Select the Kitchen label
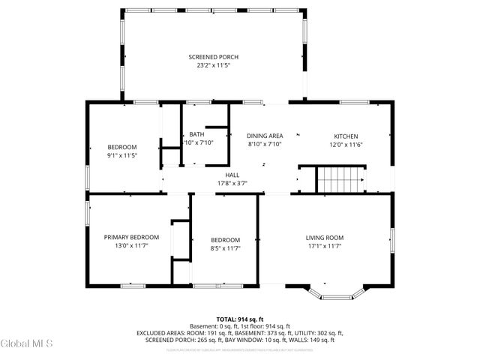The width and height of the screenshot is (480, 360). coord(346,136)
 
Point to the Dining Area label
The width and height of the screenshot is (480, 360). coord(265,136)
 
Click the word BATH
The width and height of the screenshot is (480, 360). coord(196,134)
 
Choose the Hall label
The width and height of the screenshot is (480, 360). coord(232,175)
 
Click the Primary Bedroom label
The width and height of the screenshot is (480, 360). coord(131,238)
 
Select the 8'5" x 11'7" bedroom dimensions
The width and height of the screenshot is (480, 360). coord(225,247)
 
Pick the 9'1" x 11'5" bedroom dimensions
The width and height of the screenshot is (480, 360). coord(121,155)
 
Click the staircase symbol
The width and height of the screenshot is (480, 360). coord(338,180)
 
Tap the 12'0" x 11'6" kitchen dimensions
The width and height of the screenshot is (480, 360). coord(346,145)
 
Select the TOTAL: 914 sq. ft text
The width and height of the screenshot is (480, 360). coord(239,319)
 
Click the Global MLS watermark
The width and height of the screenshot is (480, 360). coord(27,343)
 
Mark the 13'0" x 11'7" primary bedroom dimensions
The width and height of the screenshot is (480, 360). coord(131,246)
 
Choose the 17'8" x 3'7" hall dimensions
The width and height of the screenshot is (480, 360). coord(232,183)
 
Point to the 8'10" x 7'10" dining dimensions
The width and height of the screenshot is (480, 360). coord(265,145)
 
